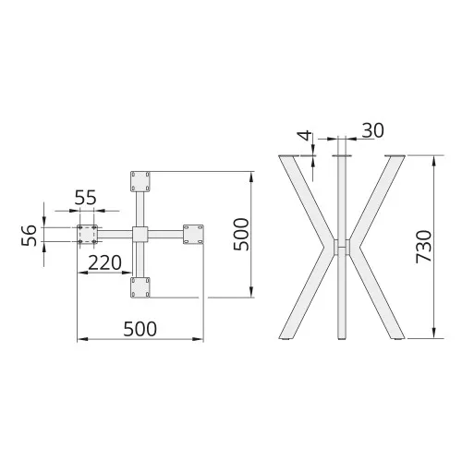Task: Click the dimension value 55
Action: [x=86, y=197]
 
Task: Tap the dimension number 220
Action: [x=104, y=262]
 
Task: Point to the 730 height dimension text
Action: [x=424, y=249]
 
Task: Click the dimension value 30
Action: [x=371, y=130]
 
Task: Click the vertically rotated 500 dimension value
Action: [x=239, y=235]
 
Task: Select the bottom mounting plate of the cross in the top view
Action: [x=140, y=288]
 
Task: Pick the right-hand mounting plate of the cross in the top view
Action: [x=194, y=234]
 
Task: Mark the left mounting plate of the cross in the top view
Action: [x=88, y=235]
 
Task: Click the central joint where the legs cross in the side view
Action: [x=342, y=249]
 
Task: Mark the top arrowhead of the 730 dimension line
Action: [x=434, y=158]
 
